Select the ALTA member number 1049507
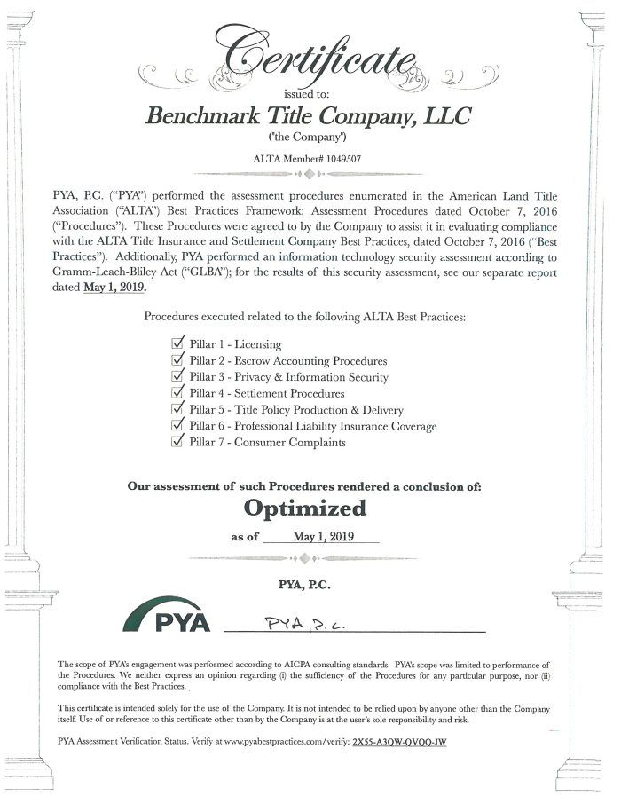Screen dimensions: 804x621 pos(335,159)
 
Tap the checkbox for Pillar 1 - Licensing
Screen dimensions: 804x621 pos(177,343)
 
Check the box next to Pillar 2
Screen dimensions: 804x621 pos(177,360)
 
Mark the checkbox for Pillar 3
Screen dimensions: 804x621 pos(177,376)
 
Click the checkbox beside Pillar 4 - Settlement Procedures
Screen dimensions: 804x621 pos(177,393)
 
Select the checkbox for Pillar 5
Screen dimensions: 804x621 pos(177,409)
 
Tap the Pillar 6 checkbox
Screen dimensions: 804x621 pos(177,426)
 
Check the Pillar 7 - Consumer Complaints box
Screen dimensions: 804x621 pos(177,442)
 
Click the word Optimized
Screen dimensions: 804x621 pos(304,508)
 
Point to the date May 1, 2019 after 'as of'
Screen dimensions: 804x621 pos(322,537)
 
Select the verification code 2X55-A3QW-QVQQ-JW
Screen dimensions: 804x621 pos(398,740)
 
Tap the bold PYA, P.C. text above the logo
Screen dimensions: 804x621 pos(305,583)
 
